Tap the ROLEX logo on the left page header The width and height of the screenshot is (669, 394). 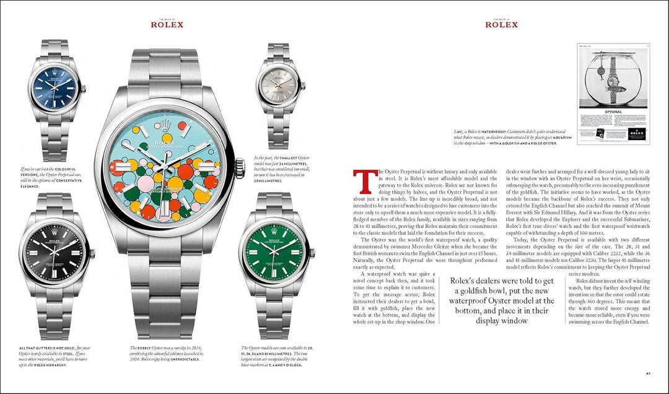pyautogui.click(x=167, y=25)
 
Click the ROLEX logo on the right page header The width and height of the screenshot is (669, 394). pyautogui.click(x=501, y=25)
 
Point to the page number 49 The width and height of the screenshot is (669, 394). pyautogui.click(x=648, y=373)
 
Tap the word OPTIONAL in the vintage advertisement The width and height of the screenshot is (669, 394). pyautogui.click(x=612, y=113)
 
